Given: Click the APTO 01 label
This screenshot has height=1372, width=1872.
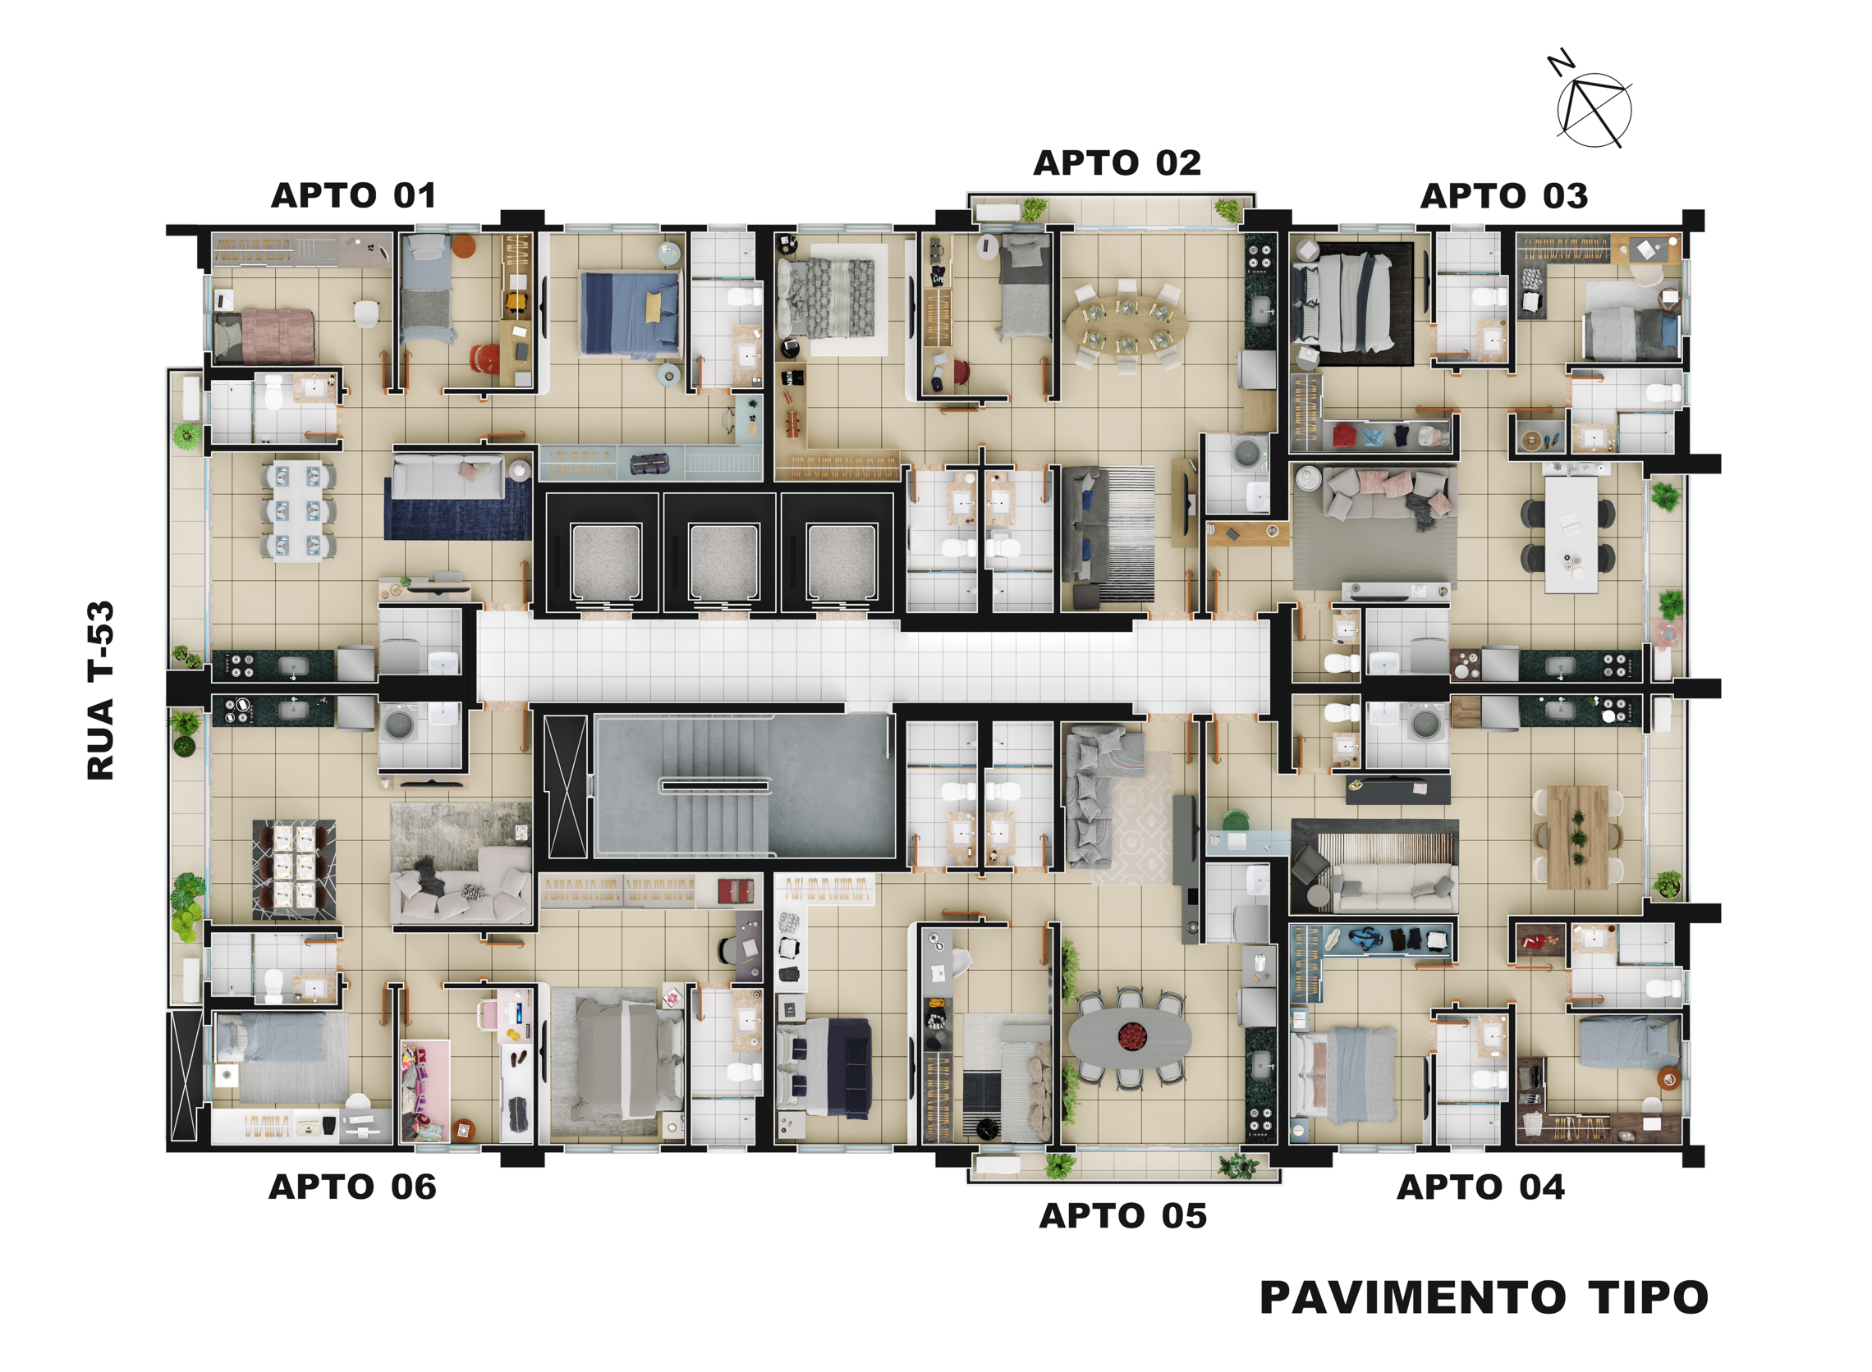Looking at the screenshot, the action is tap(354, 196).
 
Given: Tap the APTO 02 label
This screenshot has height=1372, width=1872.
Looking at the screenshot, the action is tap(1117, 162).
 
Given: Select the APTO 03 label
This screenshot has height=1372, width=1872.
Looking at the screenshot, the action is tap(1504, 196).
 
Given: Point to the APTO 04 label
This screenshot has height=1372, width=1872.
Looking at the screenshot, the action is tap(1480, 1187).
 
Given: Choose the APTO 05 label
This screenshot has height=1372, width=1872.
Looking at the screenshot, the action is tap(1122, 1216).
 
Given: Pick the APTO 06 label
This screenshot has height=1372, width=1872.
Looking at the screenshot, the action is tap(352, 1187).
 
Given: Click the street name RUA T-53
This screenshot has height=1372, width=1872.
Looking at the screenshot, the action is tap(100, 690).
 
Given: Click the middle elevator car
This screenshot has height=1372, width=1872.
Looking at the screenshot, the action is tap(723, 561).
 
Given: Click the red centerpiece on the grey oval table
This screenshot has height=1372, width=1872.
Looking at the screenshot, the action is tap(1131, 1036).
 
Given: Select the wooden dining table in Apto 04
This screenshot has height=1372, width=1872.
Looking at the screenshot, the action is tap(1578, 837).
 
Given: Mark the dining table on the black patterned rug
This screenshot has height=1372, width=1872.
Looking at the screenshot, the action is tap(294, 869).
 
